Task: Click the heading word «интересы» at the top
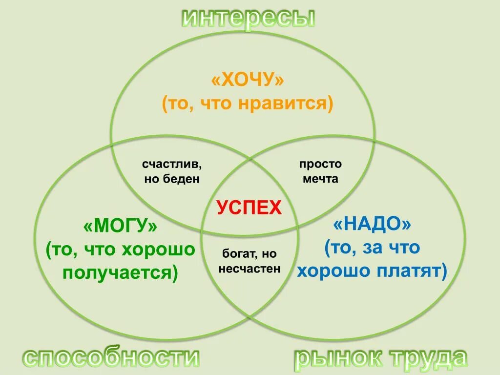(249, 18)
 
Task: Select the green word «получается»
(116, 273)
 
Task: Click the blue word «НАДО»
(372, 225)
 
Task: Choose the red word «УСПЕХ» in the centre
(249, 208)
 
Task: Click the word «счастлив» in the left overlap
(172, 164)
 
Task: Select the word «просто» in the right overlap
(320, 164)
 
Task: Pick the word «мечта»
(320, 179)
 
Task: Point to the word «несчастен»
(250, 268)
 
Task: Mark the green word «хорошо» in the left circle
(158, 250)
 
